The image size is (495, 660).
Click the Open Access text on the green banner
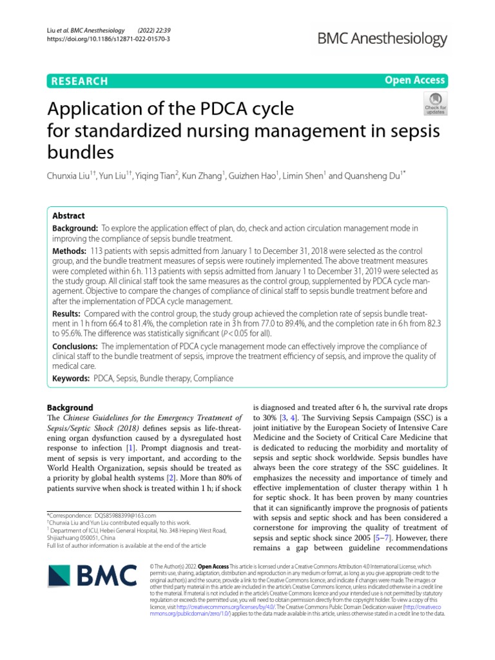pyautogui.click(x=415, y=80)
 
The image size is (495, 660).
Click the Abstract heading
pyautogui.click(x=68, y=216)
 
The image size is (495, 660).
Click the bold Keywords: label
pyautogui.click(x=71, y=379)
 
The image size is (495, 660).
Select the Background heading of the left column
pyautogui.click(x=70, y=407)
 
